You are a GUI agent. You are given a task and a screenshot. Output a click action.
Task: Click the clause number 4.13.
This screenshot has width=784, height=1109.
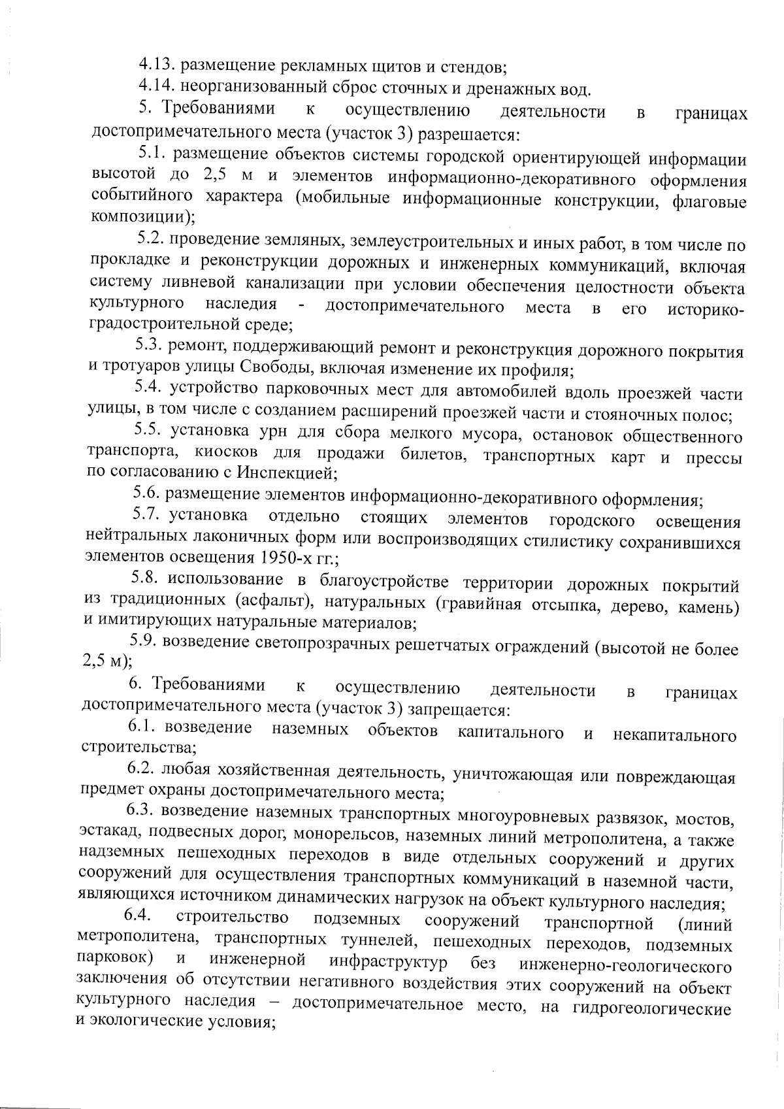click(x=156, y=65)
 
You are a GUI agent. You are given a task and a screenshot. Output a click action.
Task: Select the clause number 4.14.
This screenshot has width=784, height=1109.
click(x=156, y=86)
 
